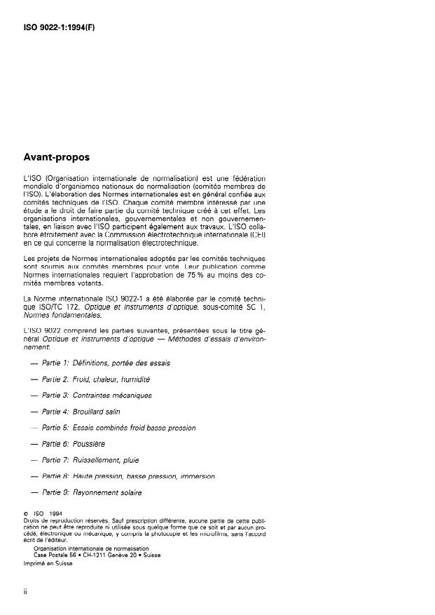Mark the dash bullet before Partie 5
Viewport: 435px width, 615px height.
(x=33, y=428)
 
